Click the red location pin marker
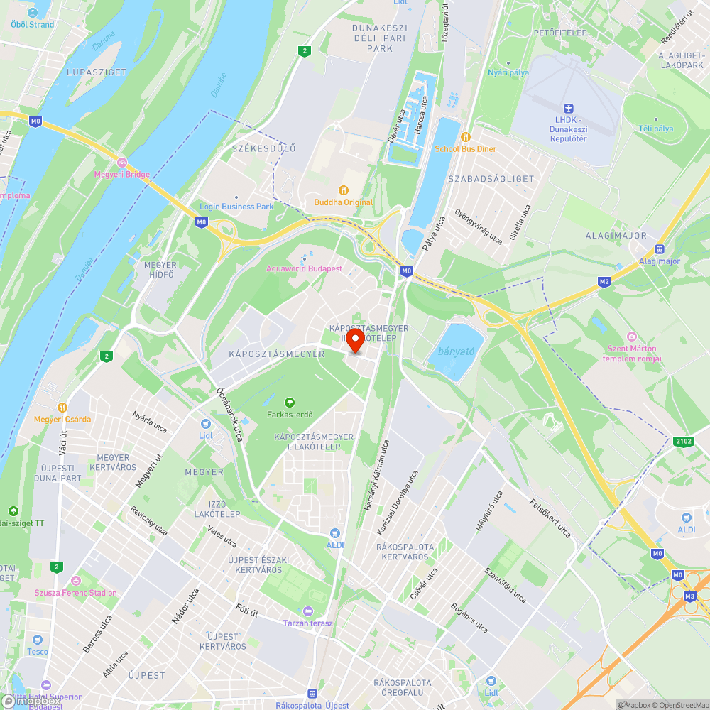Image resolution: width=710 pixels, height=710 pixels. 354,339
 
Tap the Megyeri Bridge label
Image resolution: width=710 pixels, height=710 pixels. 122,174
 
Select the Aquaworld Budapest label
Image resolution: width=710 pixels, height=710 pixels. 304,268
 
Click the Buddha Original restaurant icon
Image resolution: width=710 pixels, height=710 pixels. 344,190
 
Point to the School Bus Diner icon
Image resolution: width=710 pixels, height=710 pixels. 466,136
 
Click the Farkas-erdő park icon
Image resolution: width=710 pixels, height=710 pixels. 289,402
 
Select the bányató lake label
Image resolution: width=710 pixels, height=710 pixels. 456,351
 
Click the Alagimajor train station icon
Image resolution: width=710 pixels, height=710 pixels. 660,249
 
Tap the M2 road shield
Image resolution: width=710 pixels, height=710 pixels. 604,282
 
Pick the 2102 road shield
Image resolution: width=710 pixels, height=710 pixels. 684,442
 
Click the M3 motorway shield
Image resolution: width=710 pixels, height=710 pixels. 689,596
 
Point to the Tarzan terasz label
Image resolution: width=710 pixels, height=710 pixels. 308,623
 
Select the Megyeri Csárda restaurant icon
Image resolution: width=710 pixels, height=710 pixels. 62,407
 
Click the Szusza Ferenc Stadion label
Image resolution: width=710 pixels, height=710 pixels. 75,593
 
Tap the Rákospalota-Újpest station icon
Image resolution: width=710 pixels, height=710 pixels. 312,693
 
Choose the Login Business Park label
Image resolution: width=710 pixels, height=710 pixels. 236,207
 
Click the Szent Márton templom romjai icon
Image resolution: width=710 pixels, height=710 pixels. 631,336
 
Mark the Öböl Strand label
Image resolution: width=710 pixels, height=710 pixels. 33,24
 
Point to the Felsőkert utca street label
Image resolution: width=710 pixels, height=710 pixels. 550,518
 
